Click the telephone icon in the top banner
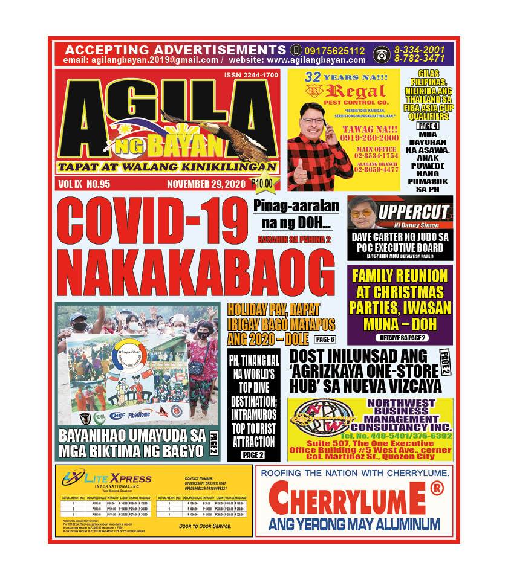tap(381, 54)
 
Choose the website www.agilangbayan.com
tap(316, 60)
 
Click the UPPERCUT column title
tap(414, 212)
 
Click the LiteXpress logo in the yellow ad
tap(106, 480)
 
